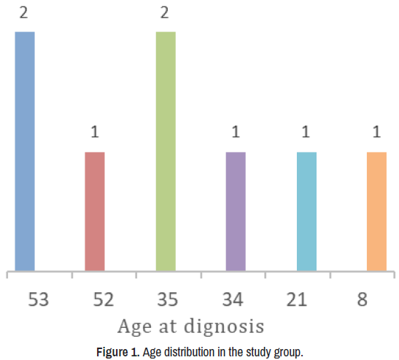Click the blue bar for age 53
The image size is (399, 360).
(25, 151)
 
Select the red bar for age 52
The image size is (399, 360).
(95, 212)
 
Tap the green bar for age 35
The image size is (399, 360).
(166, 151)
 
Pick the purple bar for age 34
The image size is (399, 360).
(236, 212)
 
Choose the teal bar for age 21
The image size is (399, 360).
(306, 212)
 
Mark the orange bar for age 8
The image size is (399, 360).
(376, 212)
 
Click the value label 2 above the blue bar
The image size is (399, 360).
(23, 12)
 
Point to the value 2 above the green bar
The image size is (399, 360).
(165, 12)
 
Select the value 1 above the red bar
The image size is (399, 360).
(95, 131)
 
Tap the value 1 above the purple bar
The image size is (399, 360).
(236, 131)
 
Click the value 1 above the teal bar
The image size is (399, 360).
(306, 131)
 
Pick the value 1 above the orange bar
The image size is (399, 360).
(377, 131)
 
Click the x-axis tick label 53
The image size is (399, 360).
(38, 299)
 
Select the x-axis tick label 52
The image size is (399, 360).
(104, 299)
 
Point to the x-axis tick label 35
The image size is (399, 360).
(168, 299)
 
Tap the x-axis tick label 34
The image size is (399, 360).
(233, 299)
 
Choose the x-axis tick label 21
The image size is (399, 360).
(297, 299)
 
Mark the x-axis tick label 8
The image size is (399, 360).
(363, 299)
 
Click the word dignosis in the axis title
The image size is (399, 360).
(224, 327)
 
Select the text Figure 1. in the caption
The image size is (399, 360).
(118, 352)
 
